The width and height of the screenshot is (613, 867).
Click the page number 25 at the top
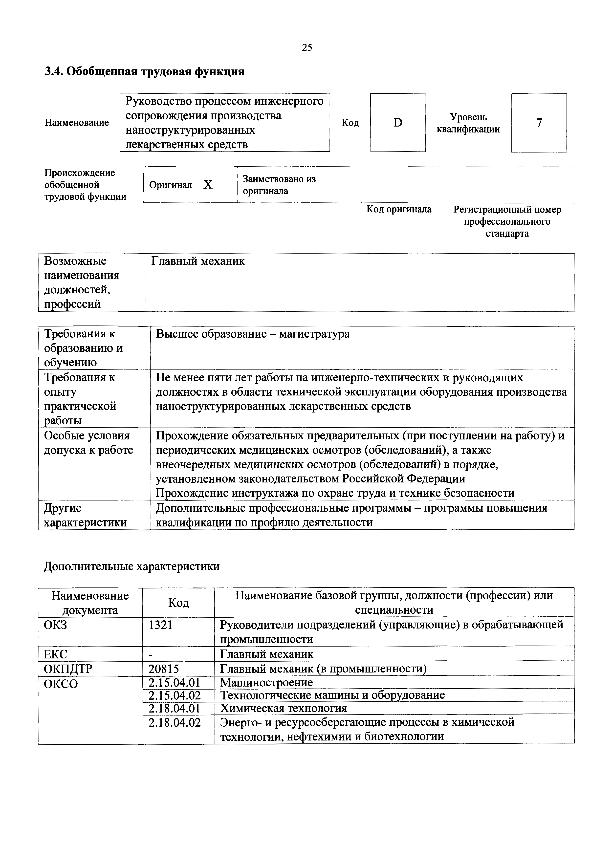[307, 48]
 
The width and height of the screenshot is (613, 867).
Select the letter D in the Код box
[398, 123]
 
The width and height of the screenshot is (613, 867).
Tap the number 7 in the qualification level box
[539, 123]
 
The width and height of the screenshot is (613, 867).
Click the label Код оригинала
[399, 209]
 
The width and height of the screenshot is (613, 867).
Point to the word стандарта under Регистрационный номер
[507, 233]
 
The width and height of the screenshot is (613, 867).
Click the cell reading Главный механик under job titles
[198, 261]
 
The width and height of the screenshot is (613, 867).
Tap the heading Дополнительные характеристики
[131, 566]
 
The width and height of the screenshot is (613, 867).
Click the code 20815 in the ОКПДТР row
[164, 669]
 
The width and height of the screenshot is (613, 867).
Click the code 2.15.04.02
[174, 695]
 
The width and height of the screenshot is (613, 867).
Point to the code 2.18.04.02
[174, 722]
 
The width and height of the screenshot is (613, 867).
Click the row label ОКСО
[61, 684]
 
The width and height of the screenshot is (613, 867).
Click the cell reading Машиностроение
[266, 682]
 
